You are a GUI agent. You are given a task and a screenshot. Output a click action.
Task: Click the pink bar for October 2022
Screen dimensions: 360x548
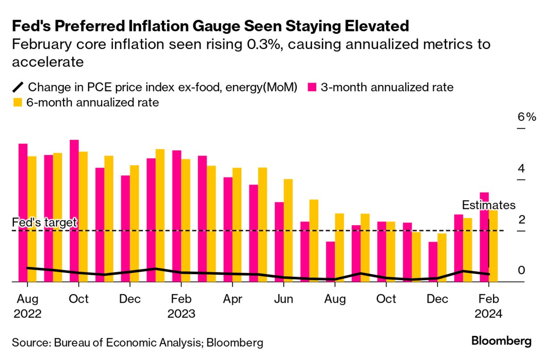(x=74, y=210)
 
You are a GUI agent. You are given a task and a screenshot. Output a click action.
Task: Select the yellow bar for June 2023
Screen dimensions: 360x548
(x=288, y=230)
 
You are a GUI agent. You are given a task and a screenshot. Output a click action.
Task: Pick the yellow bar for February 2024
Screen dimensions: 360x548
(x=493, y=246)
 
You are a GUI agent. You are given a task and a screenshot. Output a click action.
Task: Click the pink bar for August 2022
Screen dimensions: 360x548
(x=23, y=212)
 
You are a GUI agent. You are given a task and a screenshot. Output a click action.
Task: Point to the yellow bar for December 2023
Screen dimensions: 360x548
(x=442, y=257)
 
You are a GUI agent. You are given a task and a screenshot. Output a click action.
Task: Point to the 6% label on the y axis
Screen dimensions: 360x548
(x=526, y=117)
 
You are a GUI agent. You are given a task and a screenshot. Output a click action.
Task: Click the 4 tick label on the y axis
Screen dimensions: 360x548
(x=521, y=169)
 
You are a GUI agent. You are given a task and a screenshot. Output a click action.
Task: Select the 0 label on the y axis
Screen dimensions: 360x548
(x=521, y=271)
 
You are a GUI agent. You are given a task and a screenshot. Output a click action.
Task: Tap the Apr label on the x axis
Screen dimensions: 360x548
(x=232, y=299)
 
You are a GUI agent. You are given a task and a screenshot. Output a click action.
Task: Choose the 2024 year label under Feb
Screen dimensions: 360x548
(x=489, y=314)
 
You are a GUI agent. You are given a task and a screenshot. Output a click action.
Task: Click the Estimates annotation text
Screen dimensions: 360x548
(x=488, y=205)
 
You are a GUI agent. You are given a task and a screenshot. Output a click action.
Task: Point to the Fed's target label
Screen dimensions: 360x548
(x=45, y=222)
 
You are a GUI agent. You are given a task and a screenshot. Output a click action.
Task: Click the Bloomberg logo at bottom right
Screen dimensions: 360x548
(x=502, y=342)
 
